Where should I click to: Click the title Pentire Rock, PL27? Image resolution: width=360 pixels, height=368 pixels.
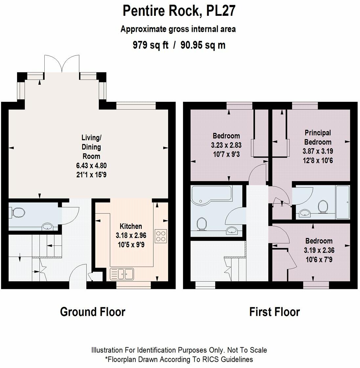(179, 11)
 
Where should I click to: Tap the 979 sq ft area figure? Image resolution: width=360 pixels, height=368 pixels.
(150, 45)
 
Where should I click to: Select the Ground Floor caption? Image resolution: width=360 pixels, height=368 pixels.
(93, 312)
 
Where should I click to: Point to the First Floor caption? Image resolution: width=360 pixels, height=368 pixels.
(275, 312)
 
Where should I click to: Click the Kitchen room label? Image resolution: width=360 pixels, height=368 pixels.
(131, 226)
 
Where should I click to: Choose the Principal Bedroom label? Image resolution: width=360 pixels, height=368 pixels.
(318, 137)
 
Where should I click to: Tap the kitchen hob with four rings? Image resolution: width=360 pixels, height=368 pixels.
(161, 236)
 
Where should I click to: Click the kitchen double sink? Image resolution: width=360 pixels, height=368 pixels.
(122, 274)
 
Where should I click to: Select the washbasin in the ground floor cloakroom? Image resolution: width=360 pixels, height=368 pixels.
(48, 227)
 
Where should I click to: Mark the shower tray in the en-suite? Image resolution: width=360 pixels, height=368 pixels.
(343, 202)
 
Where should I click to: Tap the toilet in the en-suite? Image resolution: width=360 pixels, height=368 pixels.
(323, 206)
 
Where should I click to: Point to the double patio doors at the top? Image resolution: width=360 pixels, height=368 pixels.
(62, 64)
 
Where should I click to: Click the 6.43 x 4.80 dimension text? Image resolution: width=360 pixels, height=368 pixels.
(91, 165)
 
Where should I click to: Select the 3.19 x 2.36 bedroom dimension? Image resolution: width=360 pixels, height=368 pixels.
(319, 250)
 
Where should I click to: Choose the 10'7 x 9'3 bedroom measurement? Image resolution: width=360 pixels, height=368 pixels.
(226, 154)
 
